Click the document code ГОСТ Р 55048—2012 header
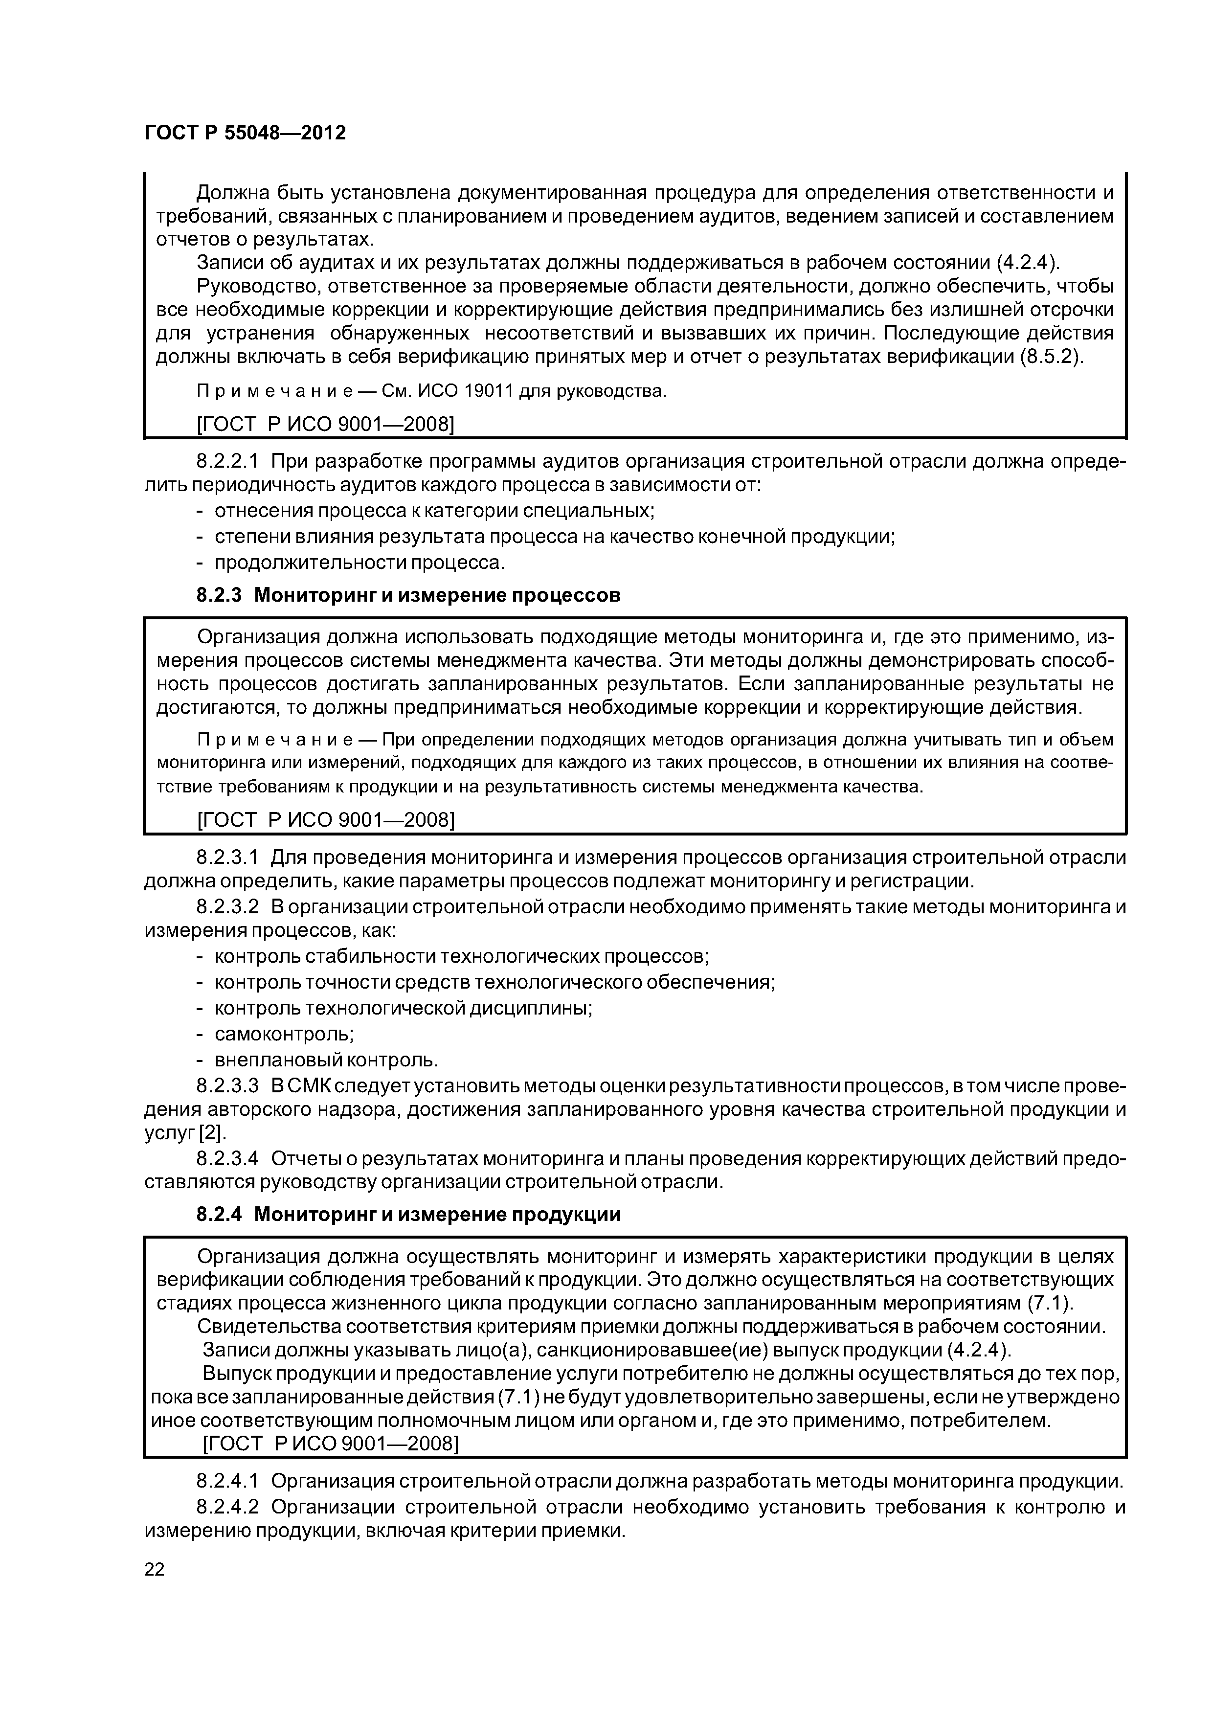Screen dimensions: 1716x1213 tap(245, 134)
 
